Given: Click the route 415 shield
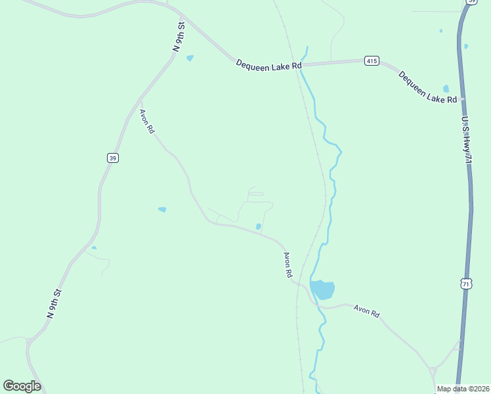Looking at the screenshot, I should tap(372, 61).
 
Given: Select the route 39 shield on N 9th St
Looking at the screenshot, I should tap(112, 158).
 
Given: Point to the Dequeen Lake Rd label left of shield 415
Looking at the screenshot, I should tap(269, 65).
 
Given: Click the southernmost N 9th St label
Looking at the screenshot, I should tap(54, 304).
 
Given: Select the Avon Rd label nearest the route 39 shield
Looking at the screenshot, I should tap(147, 121).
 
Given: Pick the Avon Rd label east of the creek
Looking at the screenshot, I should tap(366, 311).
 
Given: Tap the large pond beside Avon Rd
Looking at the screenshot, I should tap(322, 290).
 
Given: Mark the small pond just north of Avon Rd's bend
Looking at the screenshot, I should tap(258, 227).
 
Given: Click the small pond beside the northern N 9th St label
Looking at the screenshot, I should tap(190, 58).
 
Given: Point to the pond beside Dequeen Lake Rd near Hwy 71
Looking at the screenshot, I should tap(446, 89).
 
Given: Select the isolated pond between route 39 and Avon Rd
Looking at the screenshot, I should tap(162, 209).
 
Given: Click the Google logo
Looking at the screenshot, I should tap(22, 386).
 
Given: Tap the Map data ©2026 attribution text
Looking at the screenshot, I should tap(463, 389).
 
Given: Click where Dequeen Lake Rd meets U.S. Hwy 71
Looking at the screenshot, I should tap(462, 98).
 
